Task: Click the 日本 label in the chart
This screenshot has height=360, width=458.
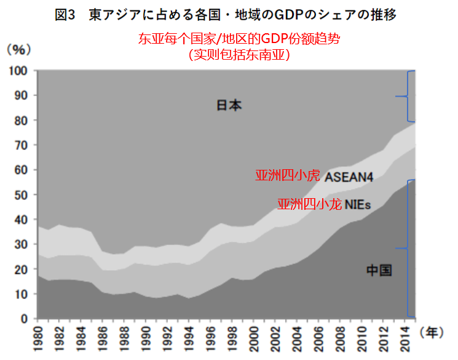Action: (229, 105)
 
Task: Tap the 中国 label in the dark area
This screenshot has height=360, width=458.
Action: (379, 270)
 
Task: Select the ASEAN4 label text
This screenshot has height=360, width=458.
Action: (349, 177)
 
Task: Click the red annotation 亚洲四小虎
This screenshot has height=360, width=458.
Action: (287, 176)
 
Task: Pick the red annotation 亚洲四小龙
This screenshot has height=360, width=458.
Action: (309, 204)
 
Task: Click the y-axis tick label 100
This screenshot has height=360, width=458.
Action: (18, 71)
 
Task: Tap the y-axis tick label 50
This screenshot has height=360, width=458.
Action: (22, 194)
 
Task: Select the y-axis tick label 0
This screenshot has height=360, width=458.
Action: (25, 319)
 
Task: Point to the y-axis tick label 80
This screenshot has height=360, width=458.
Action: (22, 120)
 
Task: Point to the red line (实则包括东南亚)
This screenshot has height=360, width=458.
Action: (239, 55)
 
